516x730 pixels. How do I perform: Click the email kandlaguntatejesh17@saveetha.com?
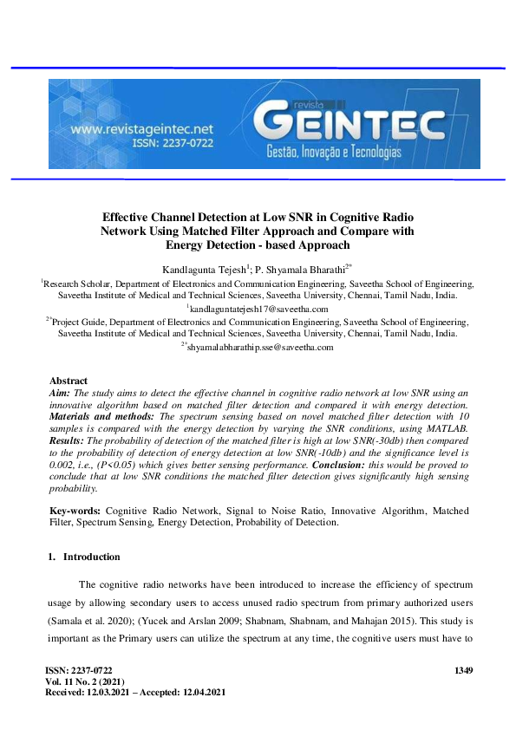[x=258, y=309]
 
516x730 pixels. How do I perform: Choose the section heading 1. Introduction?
[x=84, y=557]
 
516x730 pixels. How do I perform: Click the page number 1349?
[x=466, y=671]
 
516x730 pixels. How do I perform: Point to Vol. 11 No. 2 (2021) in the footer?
[x=84, y=681]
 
